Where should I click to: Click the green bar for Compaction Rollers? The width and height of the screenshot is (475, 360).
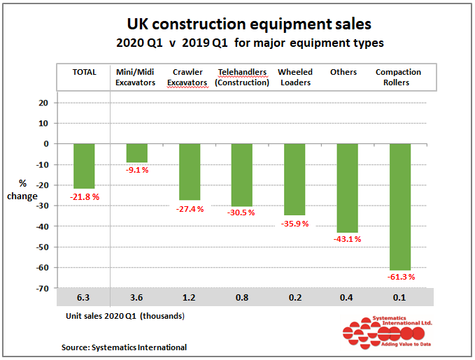pos(400,206)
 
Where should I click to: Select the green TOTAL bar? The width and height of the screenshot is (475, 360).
pos(84,166)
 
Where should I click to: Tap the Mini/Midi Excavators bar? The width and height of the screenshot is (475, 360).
pos(136,152)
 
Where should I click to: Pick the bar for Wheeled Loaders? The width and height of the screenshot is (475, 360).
pos(295,179)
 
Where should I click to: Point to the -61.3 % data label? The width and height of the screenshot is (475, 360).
pos(401,277)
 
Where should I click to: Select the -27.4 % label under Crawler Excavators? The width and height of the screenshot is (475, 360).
pos(190,209)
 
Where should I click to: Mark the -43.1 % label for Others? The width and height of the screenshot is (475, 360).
pos(348,239)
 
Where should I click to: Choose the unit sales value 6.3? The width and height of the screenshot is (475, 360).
pos(84,298)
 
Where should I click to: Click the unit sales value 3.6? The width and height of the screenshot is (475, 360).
pos(136,298)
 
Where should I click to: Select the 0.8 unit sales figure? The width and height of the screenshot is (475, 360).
pos(242,298)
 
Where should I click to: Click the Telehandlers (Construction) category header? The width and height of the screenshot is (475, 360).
pos(242,77)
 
